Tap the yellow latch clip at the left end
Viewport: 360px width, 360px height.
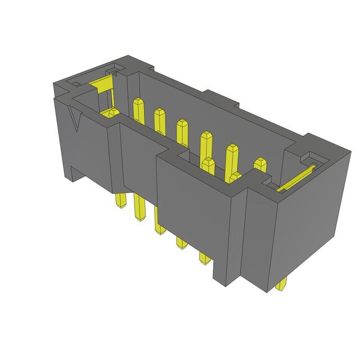pyautogui.click(x=102, y=88)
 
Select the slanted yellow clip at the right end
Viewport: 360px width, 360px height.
pyautogui.click(x=296, y=178)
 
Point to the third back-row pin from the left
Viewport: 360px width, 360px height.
pyautogui.click(x=182, y=130)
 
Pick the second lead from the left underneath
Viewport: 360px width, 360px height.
pyautogui.click(x=139, y=211)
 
